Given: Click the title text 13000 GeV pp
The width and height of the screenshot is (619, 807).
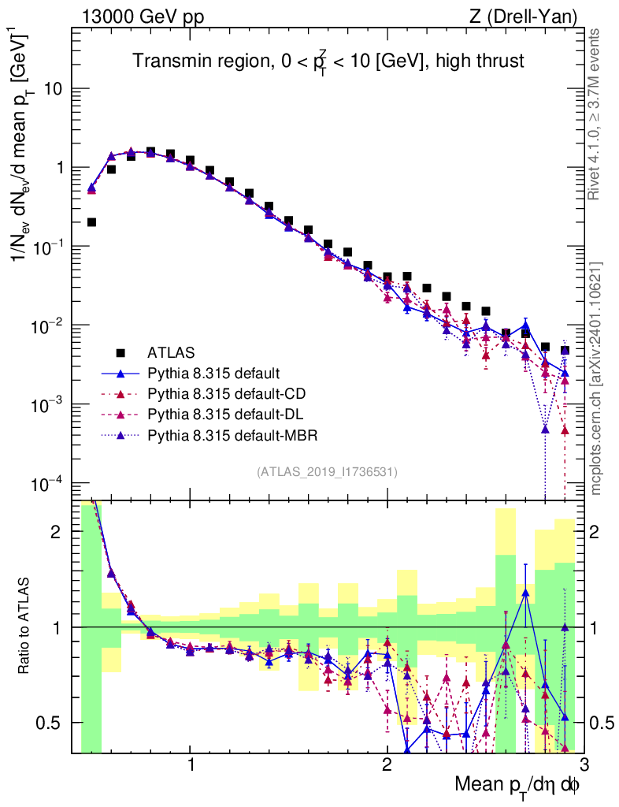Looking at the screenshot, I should (141, 16).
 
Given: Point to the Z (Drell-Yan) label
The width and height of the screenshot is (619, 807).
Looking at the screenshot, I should (521, 16).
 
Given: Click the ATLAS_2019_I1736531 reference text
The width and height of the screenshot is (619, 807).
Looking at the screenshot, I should (327, 472).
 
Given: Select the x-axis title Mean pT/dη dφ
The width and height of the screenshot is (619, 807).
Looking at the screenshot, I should (518, 784).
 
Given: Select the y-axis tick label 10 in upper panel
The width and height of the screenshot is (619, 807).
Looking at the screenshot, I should (54, 89).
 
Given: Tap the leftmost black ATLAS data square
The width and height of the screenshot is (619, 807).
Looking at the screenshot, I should (91, 222).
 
